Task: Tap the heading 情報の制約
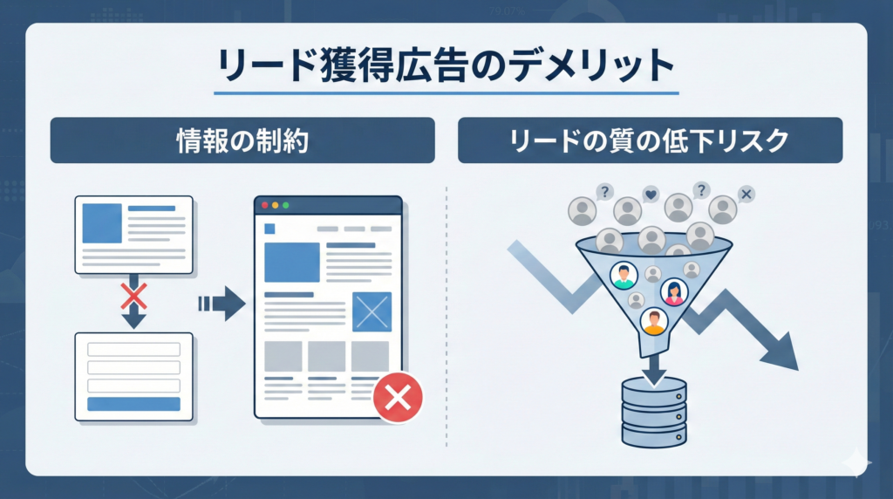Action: [x=242, y=140]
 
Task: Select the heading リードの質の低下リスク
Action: [x=650, y=140]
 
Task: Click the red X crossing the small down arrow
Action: [x=133, y=297]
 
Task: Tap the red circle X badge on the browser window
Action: [x=398, y=399]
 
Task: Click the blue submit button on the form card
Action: [x=133, y=404]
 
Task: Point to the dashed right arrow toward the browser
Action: [x=220, y=303]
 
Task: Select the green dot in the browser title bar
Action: [x=284, y=206]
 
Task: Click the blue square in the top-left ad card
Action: [x=102, y=222]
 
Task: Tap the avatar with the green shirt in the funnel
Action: [x=624, y=277]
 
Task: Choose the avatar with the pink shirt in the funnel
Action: [x=673, y=291]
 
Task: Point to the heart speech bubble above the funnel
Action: [x=651, y=194]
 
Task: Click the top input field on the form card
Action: [x=133, y=349]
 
